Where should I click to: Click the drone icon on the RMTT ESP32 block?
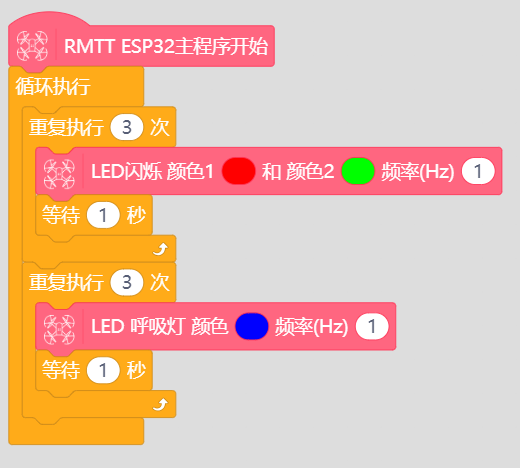[x=32, y=46]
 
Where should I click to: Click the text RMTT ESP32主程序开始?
[x=166, y=46]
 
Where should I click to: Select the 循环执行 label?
[x=53, y=87]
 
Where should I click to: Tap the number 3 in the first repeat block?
[x=127, y=127]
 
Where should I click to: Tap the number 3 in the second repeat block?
[x=127, y=282]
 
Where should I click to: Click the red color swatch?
[x=239, y=171]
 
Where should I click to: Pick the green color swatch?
[x=358, y=171]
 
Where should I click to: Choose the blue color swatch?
[x=252, y=326]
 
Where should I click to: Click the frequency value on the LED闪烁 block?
[x=478, y=171]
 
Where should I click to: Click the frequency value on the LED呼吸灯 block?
[x=372, y=326]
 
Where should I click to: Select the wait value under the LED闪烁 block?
[x=103, y=215]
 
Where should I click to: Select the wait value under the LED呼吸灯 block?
[x=103, y=370]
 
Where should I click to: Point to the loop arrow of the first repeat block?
[x=160, y=249]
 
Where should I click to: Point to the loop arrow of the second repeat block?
[x=160, y=404]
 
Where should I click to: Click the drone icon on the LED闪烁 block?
[x=59, y=174]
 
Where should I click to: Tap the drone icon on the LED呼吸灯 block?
[x=59, y=329]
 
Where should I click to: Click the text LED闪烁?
[x=127, y=171]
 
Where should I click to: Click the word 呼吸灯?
[x=156, y=327]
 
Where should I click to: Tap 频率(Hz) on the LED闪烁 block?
[x=418, y=172]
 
